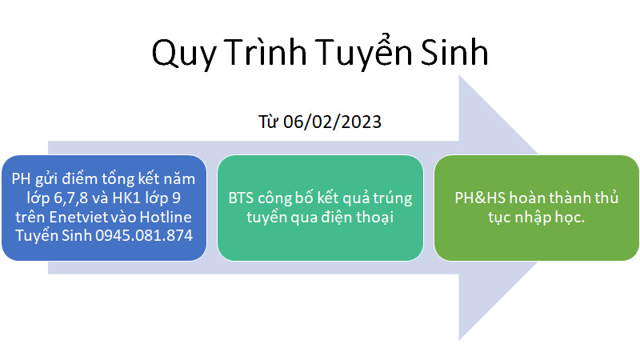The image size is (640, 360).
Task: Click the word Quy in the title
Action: pos(184,53)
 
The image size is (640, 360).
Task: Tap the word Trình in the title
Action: pos(265,52)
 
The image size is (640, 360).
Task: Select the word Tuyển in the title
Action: pos(363,52)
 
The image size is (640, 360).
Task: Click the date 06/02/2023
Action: pos(332,122)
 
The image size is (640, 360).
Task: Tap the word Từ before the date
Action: pos(268,122)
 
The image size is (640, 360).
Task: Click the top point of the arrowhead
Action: pos(459,75)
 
